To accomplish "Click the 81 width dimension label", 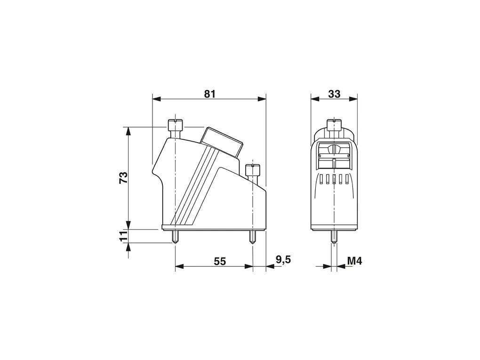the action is (210, 94).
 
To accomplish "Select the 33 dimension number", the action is (334, 94).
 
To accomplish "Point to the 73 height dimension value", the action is (123, 177).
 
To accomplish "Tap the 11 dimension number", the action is (123, 236).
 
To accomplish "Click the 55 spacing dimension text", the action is (220, 262).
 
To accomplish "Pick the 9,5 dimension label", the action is (283, 260).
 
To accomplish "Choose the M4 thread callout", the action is (354, 261).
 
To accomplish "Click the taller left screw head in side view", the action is (175, 125).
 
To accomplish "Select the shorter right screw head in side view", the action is (253, 169).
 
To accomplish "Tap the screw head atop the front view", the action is (334, 125).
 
